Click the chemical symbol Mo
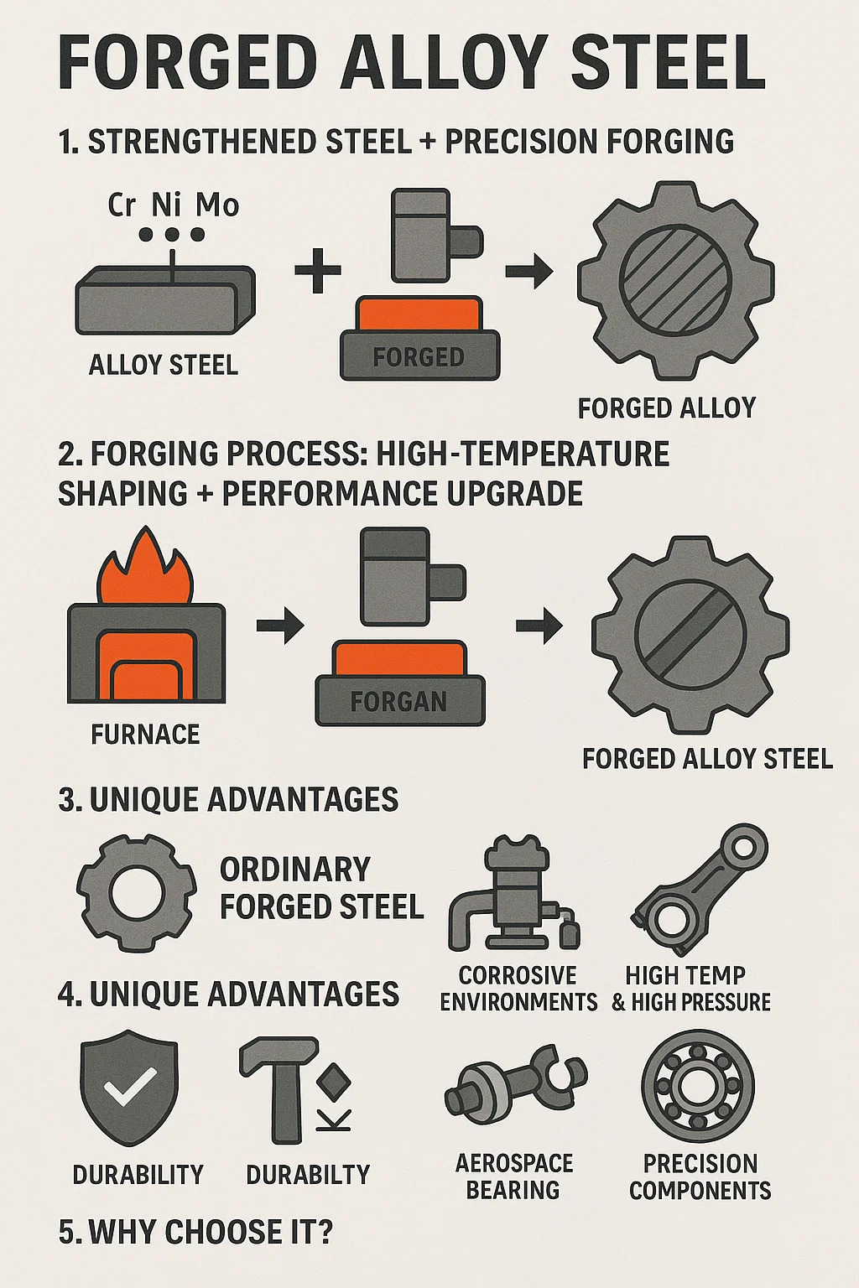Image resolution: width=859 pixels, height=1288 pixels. (217, 205)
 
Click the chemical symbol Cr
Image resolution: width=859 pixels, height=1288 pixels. (122, 205)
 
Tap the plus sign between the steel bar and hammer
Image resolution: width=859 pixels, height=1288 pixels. (318, 270)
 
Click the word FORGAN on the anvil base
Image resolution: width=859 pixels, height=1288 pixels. (398, 702)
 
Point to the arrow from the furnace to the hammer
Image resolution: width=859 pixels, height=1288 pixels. (280, 625)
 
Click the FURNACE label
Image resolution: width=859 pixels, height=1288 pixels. (146, 735)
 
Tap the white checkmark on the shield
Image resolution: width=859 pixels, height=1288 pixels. (129, 1086)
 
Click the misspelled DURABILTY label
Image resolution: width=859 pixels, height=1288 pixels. (308, 1174)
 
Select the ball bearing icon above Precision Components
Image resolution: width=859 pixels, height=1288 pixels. (698, 1086)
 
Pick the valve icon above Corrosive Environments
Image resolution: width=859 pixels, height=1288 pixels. (514, 893)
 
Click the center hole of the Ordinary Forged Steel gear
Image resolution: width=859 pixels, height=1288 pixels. (137, 894)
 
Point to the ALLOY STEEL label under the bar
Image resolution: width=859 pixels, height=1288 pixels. (164, 365)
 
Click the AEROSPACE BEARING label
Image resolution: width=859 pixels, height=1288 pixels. (513, 1176)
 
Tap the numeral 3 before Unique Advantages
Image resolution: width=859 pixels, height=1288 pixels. (67, 800)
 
